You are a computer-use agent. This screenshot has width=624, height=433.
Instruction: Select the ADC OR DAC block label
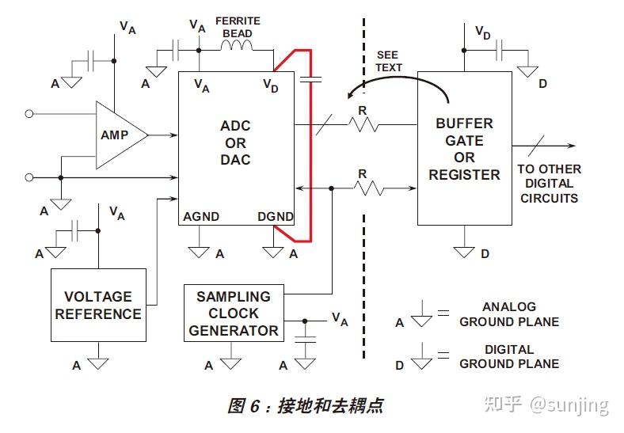tap(235, 143)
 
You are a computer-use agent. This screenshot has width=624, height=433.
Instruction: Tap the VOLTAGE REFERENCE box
tap(98, 305)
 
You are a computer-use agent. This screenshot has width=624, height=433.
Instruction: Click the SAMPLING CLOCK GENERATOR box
tap(234, 313)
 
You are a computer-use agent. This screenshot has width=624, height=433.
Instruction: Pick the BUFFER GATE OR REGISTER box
tap(464, 149)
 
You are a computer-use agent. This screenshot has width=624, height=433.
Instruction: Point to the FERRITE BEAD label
tap(238, 27)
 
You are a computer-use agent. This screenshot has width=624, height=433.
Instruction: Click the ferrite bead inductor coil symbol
tap(237, 49)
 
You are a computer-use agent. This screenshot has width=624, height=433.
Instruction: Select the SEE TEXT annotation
tap(388, 61)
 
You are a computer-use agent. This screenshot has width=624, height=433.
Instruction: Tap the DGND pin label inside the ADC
tap(276, 217)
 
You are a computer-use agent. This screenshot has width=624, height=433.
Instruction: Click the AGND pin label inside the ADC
tap(201, 217)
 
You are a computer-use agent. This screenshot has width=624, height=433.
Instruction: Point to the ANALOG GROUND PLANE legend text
tap(508, 314)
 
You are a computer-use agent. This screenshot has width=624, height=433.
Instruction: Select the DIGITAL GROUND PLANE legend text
tap(508, 356)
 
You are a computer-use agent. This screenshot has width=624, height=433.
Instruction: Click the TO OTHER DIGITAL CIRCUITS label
tap(549, 184)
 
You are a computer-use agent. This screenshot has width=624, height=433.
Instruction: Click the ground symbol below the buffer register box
tap(464, 253)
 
